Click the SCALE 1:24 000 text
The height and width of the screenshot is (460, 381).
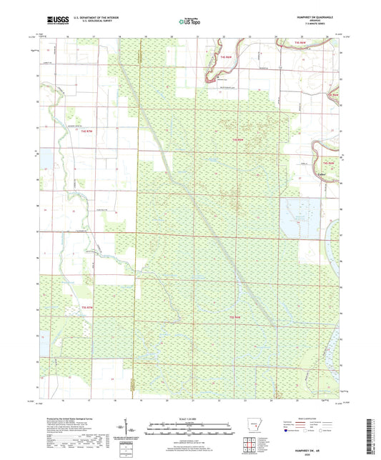(190, 419)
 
